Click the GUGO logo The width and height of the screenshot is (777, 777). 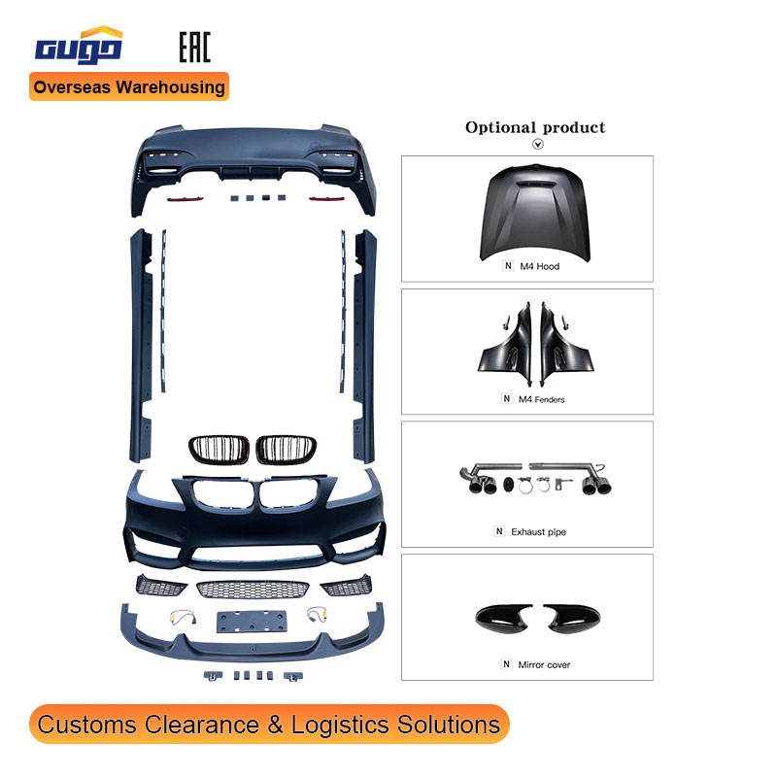(79, 46)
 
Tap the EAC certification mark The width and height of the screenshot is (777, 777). (194, 46)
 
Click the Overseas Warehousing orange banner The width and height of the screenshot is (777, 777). (129, 86)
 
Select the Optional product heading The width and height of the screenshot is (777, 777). (534, 127)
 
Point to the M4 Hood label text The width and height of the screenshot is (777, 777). (540, 266)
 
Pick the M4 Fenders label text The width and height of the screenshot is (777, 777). (542, 399)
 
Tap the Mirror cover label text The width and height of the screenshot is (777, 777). (545, 664)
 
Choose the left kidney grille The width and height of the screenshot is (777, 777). (211, 451)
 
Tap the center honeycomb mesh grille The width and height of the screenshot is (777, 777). (253, 589)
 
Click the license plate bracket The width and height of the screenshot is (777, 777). (252, 621)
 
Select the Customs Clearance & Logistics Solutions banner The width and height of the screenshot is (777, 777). (269, 725)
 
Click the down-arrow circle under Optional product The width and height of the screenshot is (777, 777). (538, 144)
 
